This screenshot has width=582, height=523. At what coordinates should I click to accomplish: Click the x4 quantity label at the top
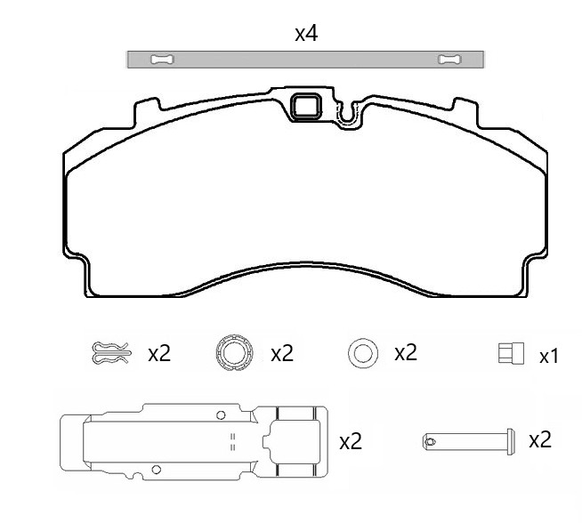pyautogui.click(x=306, y=34)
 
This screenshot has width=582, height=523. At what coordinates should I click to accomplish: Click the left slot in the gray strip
pyautogui.click(x=162, y=60)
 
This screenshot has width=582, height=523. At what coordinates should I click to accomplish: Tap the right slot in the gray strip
pyautogui.click(x=450, y=60)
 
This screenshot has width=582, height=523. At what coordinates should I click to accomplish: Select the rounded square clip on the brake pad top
pyautogui.click(x=307, y=108)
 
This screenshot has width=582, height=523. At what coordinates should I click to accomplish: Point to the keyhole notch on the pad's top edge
pyautogui.click(x=348, y=111)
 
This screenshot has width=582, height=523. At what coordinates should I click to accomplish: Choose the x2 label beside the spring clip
pyautogui.click(x=159, y=353)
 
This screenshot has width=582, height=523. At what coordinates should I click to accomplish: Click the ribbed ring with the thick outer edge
pyautogui.click(x=233, y=353)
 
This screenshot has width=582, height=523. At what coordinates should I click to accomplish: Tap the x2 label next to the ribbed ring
pyautogui.click(x=282, y=353)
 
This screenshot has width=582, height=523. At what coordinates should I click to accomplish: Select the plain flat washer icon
pyautogui.click(x=361, y=353)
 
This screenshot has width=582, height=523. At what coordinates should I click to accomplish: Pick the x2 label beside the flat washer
pyautogui.click(x=406, y=352)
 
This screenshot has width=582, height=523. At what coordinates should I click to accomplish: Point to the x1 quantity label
pyautogui.click(x=549, y=357)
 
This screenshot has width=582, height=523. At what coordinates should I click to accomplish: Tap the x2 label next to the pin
pyautogui.click(x=540, y=439)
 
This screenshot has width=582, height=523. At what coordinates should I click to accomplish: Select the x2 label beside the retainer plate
pyautogui.click(x=351, y=441)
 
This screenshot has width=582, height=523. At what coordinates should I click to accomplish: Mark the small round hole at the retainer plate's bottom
pyautogui.click(x=157, y=470)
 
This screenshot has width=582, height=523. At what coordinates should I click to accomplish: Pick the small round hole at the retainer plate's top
pyautogui.click(x=220, y=414)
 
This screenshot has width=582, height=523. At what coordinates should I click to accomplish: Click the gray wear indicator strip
pyautogui.click(x=306, y=60)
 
